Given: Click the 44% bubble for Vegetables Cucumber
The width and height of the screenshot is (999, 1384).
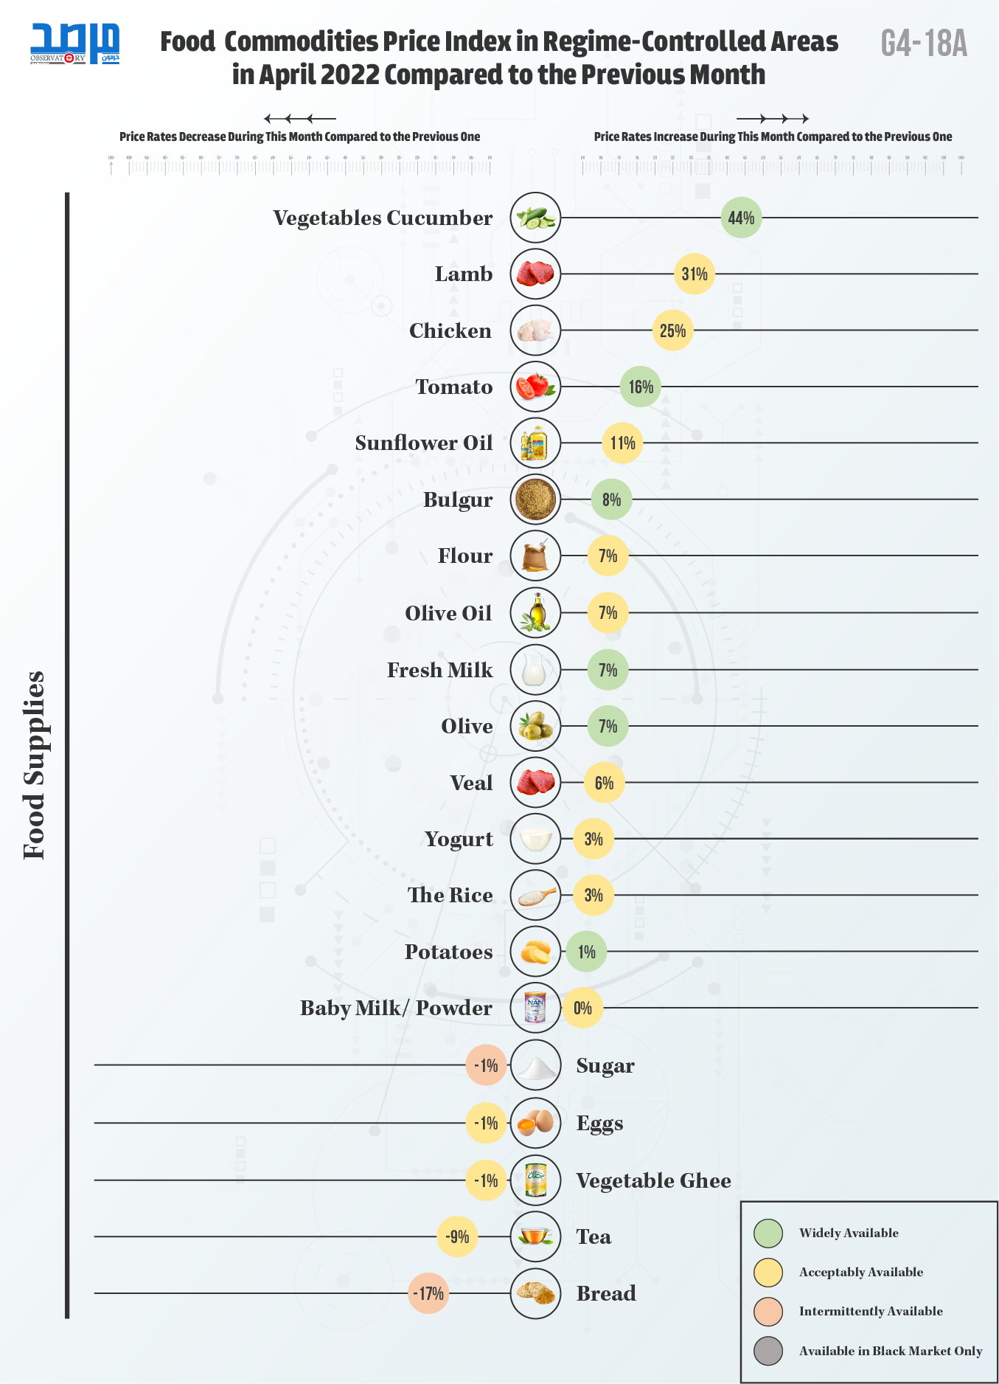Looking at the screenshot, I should pos(741,218).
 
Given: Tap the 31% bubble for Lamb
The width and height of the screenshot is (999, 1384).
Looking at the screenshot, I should pos(695,274).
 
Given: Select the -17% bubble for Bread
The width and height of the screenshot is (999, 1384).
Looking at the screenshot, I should pos(428,1293).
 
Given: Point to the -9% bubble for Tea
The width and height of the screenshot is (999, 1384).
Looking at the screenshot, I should pos(458,1236).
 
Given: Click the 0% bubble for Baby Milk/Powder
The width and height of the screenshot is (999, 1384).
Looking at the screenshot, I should pos(582,1008).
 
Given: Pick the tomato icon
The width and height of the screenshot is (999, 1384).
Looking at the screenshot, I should pos(535,387).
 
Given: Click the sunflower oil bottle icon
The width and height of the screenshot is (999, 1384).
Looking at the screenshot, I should pos(535,443).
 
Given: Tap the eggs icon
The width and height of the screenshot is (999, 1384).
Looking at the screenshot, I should pos(535,1123).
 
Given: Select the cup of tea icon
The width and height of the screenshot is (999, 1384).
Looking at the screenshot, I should pos(535,1236).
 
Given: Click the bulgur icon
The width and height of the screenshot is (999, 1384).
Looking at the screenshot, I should pos(535,499).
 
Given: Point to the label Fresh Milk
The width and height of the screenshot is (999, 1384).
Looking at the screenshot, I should pos(439,670).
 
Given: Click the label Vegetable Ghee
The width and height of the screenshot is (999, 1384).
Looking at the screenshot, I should pos(653,1180).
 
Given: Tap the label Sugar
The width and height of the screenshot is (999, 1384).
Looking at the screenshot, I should pos(605,1065).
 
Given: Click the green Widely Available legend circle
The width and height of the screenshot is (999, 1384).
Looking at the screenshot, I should pos(768,1233).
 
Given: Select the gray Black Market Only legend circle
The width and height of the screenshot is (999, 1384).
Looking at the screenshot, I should pos(768,1351).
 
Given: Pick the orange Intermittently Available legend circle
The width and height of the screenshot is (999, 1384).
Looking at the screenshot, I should pos(768,1311).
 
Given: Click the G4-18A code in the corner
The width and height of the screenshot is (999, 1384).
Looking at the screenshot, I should pos(924,43).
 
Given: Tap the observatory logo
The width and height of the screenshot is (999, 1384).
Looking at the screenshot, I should pos(74,44).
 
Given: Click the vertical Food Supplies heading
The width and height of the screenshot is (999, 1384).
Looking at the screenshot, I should pos(35,765).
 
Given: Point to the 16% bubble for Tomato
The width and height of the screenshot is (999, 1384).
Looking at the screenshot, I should pos(641,387).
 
